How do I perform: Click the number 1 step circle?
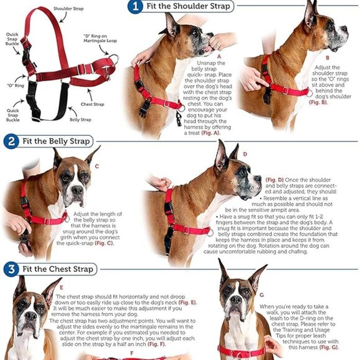pyautogui.click(x=134, y=7)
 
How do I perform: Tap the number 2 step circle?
pyautogui.click(x=11, y=141)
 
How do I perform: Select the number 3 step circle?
pyautogui.click(x=11, y=269)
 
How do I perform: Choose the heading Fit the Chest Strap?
pyautogui.click(x=58, y=269)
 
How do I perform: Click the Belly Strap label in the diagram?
pyautogui.click(x=81, y=119)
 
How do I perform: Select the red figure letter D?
pyautogui.click(x=245, y=154)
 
